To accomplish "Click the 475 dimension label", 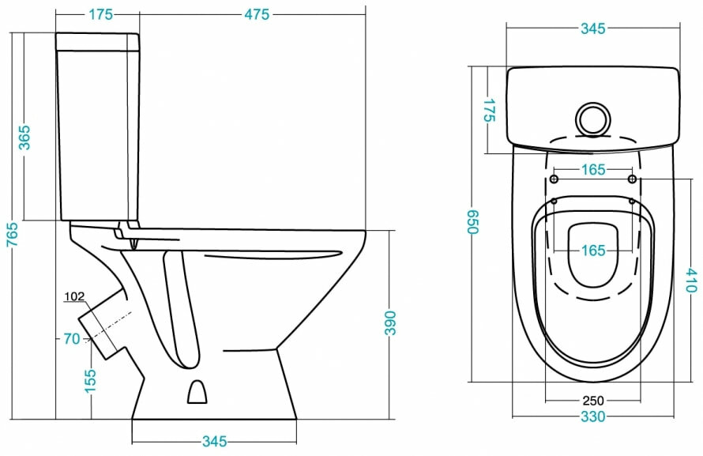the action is click(x=256, y=15).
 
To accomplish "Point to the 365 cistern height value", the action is click(x=24, y=137).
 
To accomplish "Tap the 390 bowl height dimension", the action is click(x=389, y=324).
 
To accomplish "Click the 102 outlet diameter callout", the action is click(x=75, y=297).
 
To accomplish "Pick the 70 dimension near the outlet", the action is click(x=72, y=339).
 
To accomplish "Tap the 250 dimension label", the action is click(x=592, y=400).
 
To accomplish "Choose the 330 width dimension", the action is click(x=592, y=416).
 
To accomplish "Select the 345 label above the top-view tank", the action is click(x=592, y=29).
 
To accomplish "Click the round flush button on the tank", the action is click(x=592, y=118).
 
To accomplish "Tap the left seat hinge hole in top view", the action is click(x=554, y=179).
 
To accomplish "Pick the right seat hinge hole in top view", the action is click(x=632, y=179).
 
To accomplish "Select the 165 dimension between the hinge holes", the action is click(x=592, y=170).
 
